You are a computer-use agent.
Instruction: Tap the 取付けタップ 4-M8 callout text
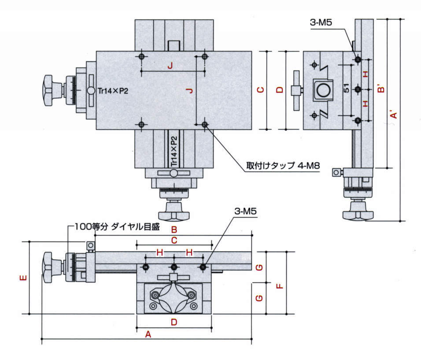[283, 167]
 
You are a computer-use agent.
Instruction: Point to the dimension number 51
[347, 89]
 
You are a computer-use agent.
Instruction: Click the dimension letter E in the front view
[24, 278]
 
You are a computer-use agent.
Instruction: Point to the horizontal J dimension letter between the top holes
[170, 66]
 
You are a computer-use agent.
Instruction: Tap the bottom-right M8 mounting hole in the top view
[204, 125]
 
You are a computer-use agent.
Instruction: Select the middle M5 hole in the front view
[174, 267]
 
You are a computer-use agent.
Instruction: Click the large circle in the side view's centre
[324, 90]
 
